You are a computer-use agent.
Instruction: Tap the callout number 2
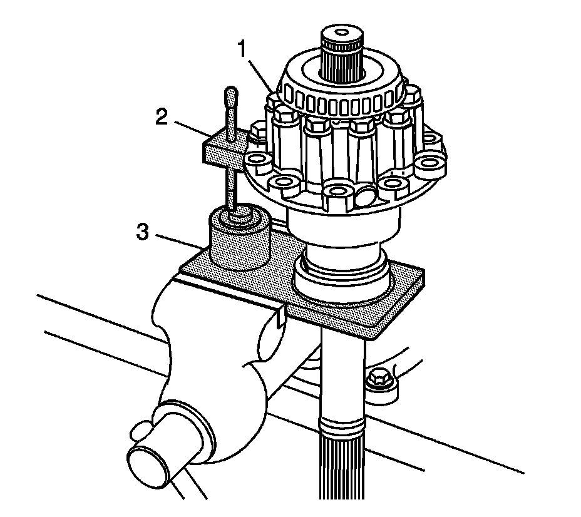click(162, 117)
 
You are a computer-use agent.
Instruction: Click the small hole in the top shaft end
click(342, 31)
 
